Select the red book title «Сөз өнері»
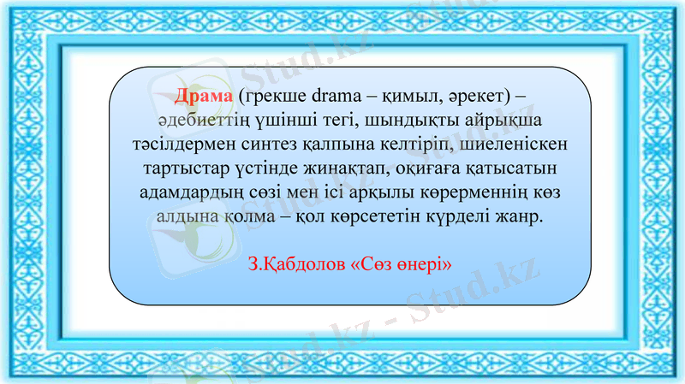401,263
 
